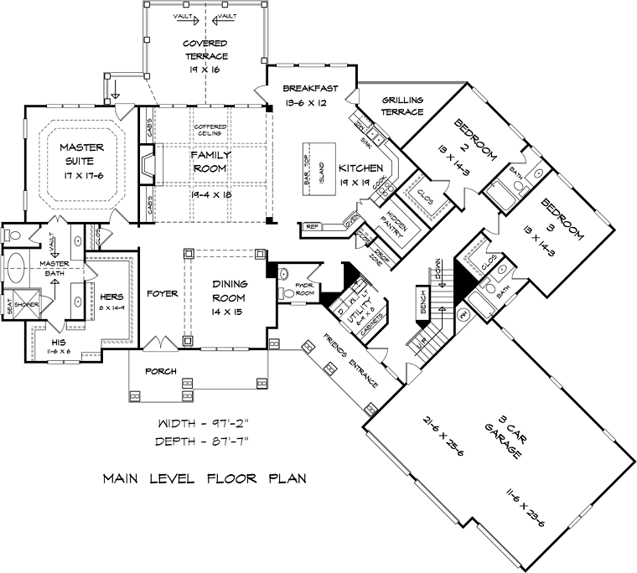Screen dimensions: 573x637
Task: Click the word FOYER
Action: click(162, 294)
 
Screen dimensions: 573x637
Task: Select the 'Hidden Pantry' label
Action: click(391, 219)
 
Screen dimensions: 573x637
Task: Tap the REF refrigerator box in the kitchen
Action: click(311, 227)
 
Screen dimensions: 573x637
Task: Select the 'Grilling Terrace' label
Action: click(403, 106)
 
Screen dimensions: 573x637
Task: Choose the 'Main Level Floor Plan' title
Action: click(204, 480)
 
